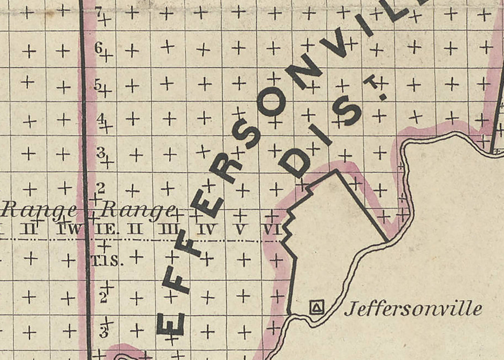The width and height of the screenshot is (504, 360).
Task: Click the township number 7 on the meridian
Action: tap(98, 12)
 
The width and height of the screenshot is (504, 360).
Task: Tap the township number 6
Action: tap(98, 48)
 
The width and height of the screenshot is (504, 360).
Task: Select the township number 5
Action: tap(98, 84)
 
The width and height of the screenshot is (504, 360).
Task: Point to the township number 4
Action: tap(100, 118)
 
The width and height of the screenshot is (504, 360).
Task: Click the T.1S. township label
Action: tap(107, 262)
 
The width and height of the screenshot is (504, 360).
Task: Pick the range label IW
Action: tap(66, 229)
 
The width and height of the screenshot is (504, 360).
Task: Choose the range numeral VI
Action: tap(272, 229)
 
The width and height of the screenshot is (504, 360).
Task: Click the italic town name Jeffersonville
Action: tap(413, 309)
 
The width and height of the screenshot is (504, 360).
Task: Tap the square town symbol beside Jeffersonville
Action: tap(317, 308)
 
